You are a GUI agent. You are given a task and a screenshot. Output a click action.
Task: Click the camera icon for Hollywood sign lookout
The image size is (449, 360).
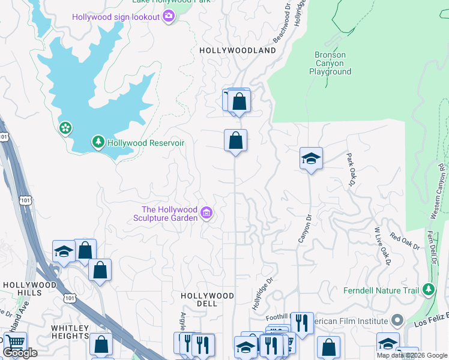click(169, 16)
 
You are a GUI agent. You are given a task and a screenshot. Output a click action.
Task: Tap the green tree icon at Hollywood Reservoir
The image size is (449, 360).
click(97, 142)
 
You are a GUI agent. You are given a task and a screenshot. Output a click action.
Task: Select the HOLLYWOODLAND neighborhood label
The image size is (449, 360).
click(238, 51)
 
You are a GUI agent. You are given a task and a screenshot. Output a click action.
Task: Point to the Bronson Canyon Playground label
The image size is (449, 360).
click(330, 63)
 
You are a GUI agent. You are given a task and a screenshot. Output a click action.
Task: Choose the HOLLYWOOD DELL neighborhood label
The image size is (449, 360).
click(207, 300)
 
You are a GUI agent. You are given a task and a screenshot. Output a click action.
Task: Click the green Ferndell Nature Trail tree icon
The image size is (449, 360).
click(428, 290)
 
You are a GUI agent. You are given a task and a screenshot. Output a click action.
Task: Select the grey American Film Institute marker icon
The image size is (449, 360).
click(396, 320)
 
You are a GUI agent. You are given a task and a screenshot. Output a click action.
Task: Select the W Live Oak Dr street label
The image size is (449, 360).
click(382, 246)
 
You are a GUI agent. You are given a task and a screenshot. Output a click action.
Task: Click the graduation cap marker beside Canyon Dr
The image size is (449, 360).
click(311, 159)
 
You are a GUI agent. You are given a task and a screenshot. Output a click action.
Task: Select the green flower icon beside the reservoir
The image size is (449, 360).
click(65, 128)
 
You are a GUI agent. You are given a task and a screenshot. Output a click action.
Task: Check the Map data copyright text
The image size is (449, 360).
click(411, 355)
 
